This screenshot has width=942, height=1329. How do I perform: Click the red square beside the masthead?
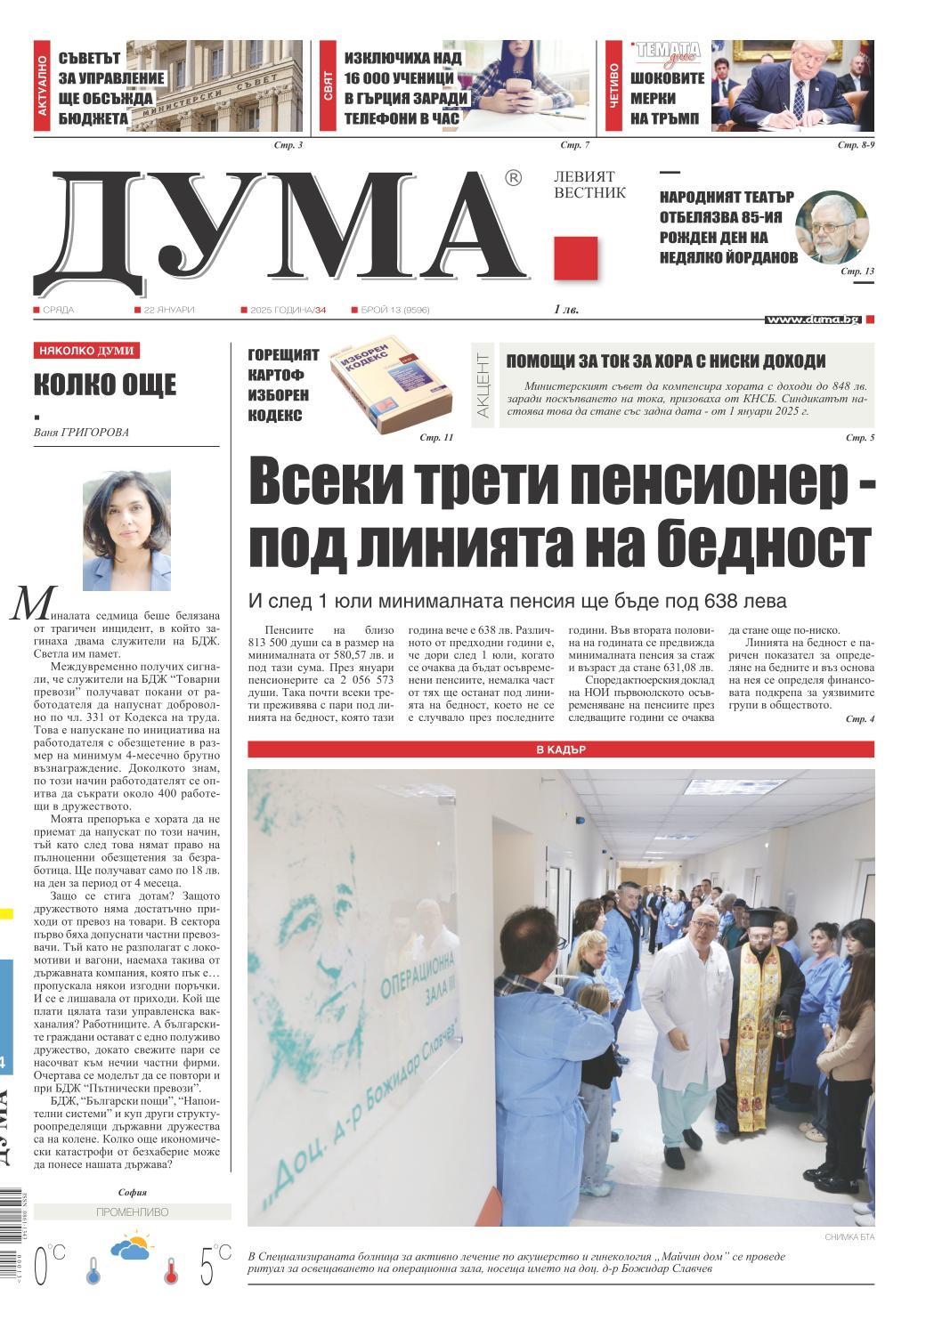coord(575,258)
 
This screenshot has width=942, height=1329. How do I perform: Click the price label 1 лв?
coord(566,310)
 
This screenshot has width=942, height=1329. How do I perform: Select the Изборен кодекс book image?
coord(392,390)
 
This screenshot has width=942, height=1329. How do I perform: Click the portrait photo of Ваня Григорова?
coord(126,531)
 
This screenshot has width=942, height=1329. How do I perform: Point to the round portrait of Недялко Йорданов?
coord(830,227)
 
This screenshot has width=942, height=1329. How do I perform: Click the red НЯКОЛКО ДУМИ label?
coord(86,351)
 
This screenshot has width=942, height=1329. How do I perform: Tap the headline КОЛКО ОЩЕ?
coord(105,385)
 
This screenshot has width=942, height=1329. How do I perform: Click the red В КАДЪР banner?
coord(560,750)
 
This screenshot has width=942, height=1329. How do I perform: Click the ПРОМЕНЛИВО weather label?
coord(131,1211)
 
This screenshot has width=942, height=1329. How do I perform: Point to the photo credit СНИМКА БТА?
coord(849,1237)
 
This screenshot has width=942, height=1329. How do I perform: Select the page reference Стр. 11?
coord(435,438)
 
